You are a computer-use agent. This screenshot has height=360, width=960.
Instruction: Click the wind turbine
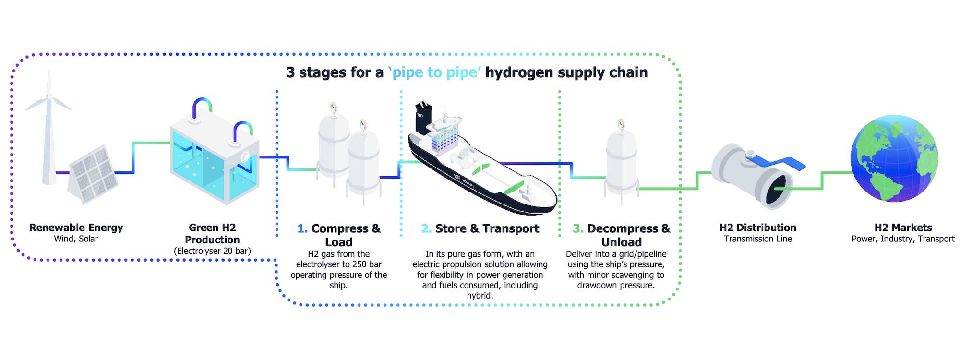(x=48, y=130)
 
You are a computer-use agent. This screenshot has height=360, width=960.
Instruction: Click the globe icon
(x=894, y=158)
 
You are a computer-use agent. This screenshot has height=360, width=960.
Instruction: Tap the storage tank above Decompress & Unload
(x=622, y=161)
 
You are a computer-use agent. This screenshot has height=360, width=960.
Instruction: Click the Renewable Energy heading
(x=76, y=228)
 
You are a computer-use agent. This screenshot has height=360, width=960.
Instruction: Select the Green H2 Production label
(x=212, y=233)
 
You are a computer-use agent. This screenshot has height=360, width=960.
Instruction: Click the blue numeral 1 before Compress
(x=302, y=229)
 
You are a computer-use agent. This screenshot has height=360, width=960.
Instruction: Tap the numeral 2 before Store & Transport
(x=426, y=229)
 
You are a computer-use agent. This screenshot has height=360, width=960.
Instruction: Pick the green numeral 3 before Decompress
(x=578, y=229)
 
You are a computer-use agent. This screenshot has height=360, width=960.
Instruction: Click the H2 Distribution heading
(x=757, y=228)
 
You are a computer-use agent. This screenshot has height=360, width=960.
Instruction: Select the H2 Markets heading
(x=903, y=228)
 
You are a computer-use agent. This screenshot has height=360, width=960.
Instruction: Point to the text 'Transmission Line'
(x=758, y=239)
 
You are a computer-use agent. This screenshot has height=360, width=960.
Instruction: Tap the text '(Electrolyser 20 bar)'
(x=212, y=251)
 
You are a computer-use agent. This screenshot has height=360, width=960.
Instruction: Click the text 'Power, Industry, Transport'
(x=903, y=239)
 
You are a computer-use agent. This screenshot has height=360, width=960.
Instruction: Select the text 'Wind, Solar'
(x=76, y=239)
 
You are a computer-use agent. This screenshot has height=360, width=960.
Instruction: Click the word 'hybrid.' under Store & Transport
(x=480, y=296)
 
